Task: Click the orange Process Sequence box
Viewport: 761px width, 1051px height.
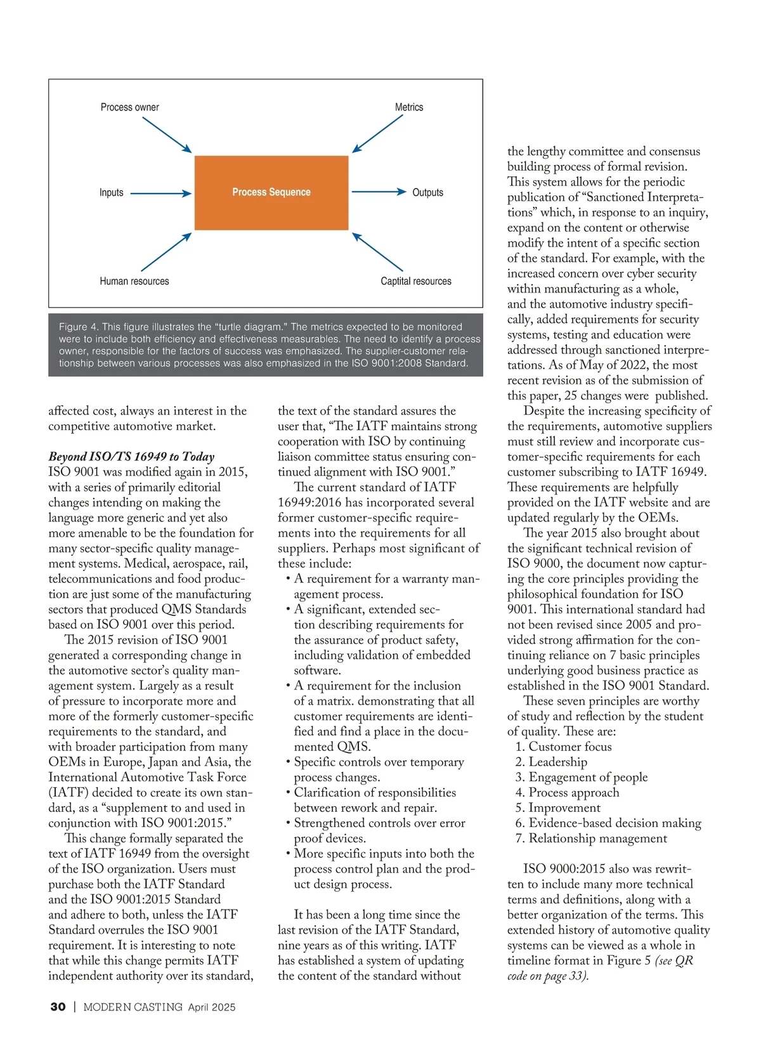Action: click(271, 192)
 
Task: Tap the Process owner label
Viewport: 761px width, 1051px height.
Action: click(129, 107)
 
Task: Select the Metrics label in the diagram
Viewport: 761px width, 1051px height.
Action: click(409, 107)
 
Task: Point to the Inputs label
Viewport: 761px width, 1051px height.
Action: click(111, 192)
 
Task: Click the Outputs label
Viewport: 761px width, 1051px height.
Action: click(427, 192)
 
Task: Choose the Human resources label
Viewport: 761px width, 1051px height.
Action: click(134, 281)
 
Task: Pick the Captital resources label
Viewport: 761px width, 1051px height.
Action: click(416, 281)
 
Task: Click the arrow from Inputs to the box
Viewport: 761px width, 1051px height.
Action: click(160, 193)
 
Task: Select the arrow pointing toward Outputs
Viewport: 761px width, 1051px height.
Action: click(379, 192)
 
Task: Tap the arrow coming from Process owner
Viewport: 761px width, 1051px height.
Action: click(167, 135)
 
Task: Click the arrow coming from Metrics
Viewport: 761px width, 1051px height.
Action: click(378, 134)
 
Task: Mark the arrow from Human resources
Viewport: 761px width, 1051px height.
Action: click(166, 252)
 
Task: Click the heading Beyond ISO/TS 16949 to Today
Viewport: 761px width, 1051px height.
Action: click(131, 457)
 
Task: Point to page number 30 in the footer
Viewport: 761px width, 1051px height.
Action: click(58, 1007)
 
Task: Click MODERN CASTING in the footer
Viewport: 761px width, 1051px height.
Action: click(133, 1007)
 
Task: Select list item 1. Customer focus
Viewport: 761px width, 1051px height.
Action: click(564, 747)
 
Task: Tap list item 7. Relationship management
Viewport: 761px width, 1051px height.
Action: click(591, 839)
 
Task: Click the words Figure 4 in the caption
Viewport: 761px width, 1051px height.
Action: click(79, 327)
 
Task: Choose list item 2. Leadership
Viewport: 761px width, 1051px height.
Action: click(551, 762)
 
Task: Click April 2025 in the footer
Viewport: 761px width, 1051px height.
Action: click(211, 1007)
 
